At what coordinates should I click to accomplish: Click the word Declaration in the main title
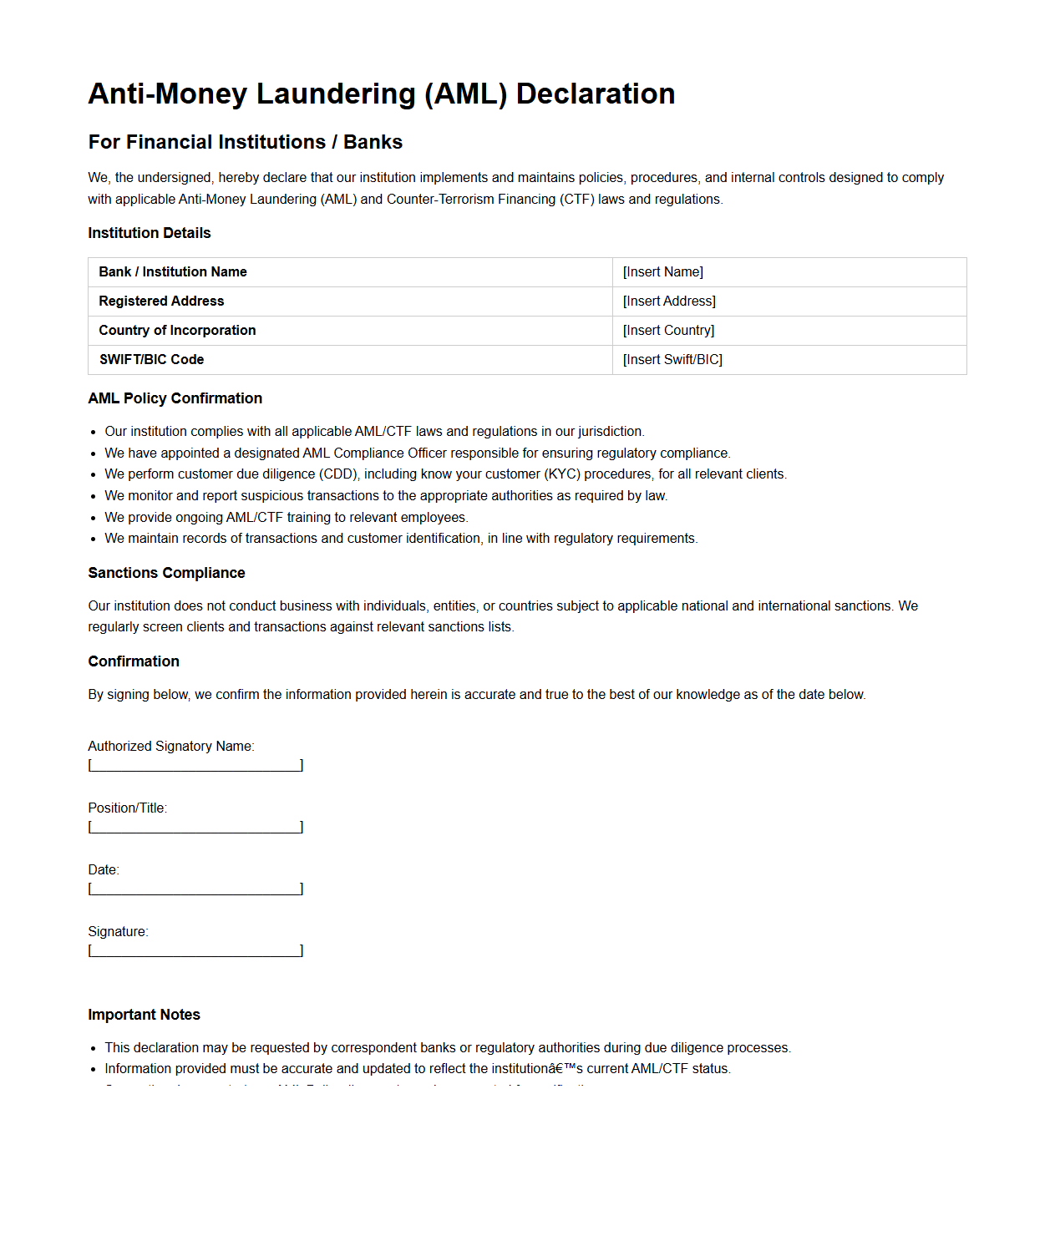pyautogui.click(x=595, y=94)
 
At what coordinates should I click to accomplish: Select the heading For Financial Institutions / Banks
pyautogui.click(x=245, y=142)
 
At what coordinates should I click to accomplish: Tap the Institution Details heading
pyautogui.click(x=149, y=233)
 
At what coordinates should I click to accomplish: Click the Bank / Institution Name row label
pyautogui.click(x=172, y=272)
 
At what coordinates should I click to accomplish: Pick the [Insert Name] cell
pyautogui.click(x=663, y=272)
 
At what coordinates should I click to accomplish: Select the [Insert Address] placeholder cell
pyautogui.click(x=669, y=301)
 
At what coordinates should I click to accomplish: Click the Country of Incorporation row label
pyautogui.click(x=177, y=331)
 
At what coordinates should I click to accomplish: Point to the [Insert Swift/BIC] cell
pyautogui.click(x=672, y=360)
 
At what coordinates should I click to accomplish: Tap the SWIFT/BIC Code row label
pyautogui.click(x=151, y=360)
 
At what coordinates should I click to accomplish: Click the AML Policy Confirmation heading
pyautogui.click(x=175, y=398)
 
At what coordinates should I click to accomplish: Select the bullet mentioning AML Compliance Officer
pyautogui.click(x=417, y=453)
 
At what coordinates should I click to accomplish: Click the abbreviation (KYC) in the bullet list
pyautogui.click(x=562, y=474)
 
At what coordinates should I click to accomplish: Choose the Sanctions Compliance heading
pyautogui.click(x=166, y=573)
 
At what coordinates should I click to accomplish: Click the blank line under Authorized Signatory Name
pyautogui.click(x=195, y=765)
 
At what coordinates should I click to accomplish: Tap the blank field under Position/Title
pyautogui.click(x=195, y=827)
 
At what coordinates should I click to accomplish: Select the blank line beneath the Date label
pyautogui.click(x=195, y=889)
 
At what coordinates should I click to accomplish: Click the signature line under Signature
pyautogui.click(x=195, y=950)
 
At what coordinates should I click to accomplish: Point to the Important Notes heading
pyautogui.click(x=144, y=1015)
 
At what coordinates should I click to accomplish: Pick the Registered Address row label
pyautogui.click(x=161, y=301)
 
